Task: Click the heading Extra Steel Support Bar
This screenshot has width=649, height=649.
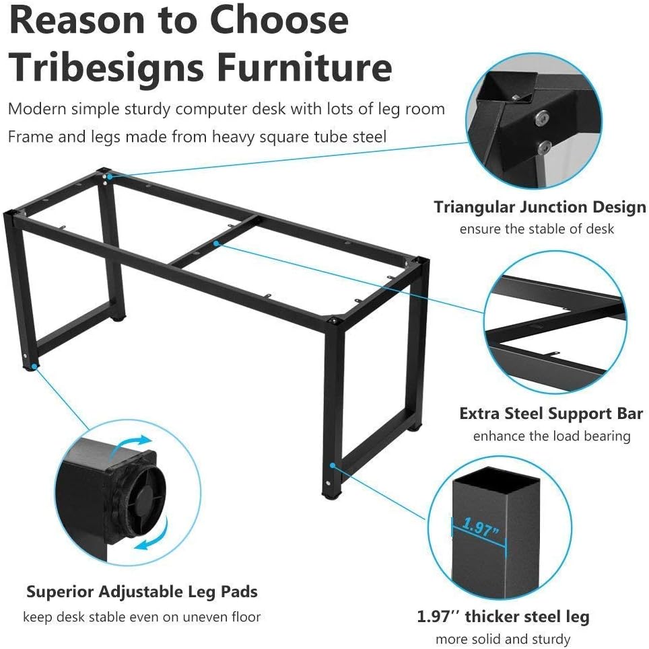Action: point(551,413)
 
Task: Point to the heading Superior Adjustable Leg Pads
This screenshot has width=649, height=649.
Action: point(142,593)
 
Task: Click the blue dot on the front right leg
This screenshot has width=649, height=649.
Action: point(333,464)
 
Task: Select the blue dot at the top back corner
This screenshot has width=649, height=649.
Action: point(108,176)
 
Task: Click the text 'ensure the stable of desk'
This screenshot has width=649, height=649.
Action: point(537,229)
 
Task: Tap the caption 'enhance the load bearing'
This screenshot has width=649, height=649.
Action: point(551,436)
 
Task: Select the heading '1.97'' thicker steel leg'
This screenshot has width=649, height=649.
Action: point(502,617)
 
